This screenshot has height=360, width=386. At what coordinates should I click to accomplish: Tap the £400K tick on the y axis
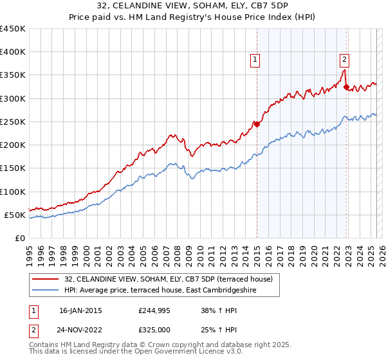click(x=13, y=52)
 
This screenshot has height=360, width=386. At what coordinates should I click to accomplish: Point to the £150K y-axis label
click(x=13, y=168)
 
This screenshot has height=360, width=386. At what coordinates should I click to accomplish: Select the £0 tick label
click(x=20, y=239)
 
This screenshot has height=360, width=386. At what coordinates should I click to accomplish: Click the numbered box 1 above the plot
click(x=255, y=60)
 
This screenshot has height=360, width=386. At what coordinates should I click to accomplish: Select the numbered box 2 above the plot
click(x=344, y=60)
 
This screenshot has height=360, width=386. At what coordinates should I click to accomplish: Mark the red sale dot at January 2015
click(x=257, y=124)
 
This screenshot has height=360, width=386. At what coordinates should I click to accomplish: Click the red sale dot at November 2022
click(x=346, y=87)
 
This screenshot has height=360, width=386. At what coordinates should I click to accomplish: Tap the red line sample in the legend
click(x=46, y=279)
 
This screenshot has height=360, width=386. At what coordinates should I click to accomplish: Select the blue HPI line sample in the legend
click(x=46, y=290)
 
